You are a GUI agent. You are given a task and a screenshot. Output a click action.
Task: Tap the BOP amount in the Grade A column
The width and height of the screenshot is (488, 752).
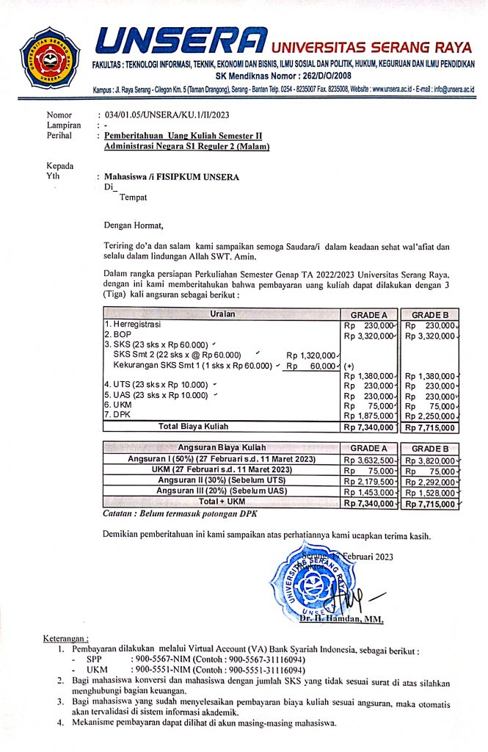[x=370, y=335]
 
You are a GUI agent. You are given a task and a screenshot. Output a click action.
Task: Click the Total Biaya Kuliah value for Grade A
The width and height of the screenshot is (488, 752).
[x=370, y=427]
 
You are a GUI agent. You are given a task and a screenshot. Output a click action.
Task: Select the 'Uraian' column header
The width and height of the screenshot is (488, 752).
[x=222, y=313]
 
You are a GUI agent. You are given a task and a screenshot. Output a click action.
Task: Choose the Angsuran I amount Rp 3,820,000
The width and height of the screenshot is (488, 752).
[x=430, y=460]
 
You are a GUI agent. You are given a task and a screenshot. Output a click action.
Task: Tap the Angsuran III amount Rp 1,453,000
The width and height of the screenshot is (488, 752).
[x=370, y=493]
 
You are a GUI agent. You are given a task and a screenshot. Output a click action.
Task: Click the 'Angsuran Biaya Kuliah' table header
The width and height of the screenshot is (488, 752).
[x=222, y=448]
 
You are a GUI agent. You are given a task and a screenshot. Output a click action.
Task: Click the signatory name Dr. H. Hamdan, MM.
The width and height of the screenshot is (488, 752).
[x=341, y=620]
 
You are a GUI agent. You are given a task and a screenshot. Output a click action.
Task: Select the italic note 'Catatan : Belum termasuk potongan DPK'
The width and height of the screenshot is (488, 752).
[x=174, y=514]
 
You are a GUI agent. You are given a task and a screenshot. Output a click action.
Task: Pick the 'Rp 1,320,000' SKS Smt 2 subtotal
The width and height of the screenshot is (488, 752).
[x=311, y=355]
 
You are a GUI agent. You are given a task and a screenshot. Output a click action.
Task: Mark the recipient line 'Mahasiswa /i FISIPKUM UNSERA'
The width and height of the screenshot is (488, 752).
[x=172, y=177]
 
